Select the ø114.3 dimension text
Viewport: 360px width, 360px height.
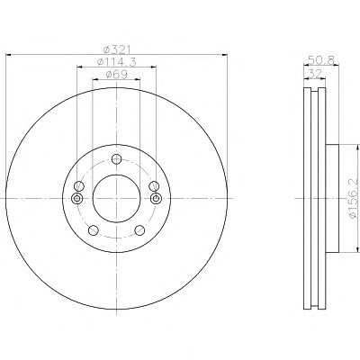pos(117,62)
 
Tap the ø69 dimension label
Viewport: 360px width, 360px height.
pos(117,74)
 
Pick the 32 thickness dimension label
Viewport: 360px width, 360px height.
pos(315,73)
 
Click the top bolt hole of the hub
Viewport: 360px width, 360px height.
pos(116,159)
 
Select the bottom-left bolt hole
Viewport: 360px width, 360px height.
pos(94,230)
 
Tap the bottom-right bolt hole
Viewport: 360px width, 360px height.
pos(139,230)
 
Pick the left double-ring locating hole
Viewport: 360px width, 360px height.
pos(77,198)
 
